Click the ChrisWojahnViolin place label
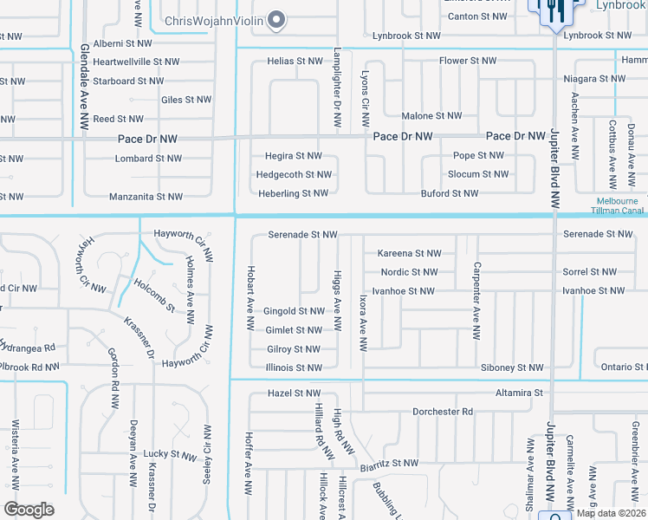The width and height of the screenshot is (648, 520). point(211,19)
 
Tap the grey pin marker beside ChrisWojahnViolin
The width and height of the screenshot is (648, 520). point(276,19)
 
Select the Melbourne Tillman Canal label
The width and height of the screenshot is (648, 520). point(617,205)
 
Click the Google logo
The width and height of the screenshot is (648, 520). point(29,510)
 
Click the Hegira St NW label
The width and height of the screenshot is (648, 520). point(293,156)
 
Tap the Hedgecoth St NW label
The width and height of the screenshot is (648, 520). point(294,174)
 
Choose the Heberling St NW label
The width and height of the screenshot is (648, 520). point(293,193)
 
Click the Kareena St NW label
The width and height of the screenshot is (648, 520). point(409,253)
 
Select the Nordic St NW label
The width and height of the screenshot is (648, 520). point(409,272)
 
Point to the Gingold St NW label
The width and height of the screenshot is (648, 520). point(294,311)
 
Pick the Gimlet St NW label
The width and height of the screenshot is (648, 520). point(294,330)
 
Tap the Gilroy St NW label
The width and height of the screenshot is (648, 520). point(294,349)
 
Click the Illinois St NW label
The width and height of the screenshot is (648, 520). point(294,367)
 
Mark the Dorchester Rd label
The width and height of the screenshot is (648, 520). point(443,412)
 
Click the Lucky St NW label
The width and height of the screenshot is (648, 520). point(170,454)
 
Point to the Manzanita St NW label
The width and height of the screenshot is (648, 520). point(146,197)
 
